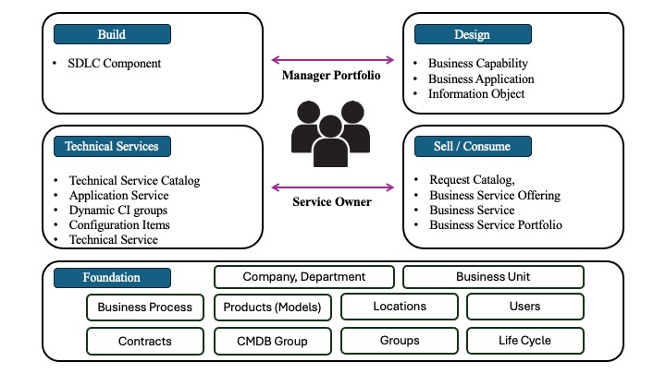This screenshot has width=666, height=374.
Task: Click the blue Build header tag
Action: coord(112,35)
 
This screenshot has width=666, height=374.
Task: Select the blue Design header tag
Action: coord(473,35)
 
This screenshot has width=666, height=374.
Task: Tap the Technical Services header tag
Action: coord(112,146)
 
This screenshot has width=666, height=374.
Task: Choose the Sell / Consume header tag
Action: coord(473,146)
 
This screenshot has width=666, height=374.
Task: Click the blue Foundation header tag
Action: coord(112,277)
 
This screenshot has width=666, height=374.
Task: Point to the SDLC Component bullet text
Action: coord(114,64)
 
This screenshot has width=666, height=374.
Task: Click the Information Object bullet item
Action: coord(476,93)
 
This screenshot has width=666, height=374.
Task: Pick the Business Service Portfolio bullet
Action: coord(495,224)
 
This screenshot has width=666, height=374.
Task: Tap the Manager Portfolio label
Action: coord(331,75)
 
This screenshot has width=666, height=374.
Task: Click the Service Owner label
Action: coord(331,202)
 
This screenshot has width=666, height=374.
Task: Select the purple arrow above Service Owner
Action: coord(331,188)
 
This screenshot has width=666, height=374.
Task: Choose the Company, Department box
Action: coord(304,277)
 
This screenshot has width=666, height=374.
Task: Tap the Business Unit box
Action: coord(493,277)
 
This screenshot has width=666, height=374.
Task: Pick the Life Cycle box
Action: coord(524,341)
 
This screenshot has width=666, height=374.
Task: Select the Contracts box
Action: coord(145,341)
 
